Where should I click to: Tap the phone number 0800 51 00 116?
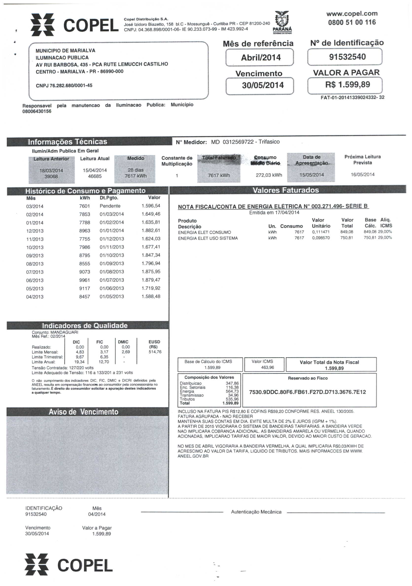352,22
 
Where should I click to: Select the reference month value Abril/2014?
261,57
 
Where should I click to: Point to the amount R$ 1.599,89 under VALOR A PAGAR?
347,85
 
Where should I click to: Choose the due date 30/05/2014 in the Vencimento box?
263,85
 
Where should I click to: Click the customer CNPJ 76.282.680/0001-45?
64,86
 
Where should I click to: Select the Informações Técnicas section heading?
67,142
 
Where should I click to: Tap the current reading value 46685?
95,176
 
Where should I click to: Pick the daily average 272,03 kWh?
269,175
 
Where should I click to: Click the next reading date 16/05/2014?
362,175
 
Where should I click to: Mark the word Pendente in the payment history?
110,206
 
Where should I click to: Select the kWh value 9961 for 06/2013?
85,280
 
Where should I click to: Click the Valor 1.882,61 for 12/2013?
151,231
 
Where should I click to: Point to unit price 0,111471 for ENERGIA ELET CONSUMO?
321,232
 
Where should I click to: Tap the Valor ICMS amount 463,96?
268,368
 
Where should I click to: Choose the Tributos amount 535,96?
232,399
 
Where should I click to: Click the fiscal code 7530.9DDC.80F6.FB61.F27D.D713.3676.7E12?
308,392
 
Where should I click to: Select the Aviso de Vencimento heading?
84,412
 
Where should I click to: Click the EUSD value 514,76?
155,352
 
